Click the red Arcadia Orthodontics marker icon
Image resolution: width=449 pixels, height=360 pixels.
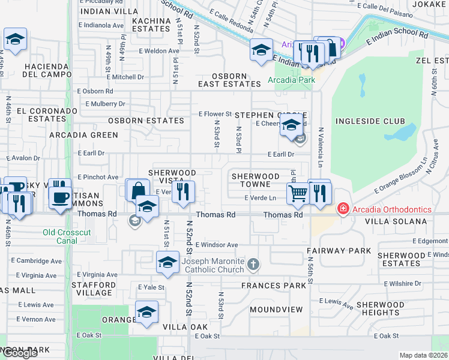[343, 209]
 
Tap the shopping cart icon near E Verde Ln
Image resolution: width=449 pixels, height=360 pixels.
[297, 193]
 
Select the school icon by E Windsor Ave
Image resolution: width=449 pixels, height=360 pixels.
[167, 262]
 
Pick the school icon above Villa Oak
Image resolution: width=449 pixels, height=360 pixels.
[146, 312]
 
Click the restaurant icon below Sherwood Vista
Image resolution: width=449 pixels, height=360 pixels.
[184, 192]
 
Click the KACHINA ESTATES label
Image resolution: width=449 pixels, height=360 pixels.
[151, 25]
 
